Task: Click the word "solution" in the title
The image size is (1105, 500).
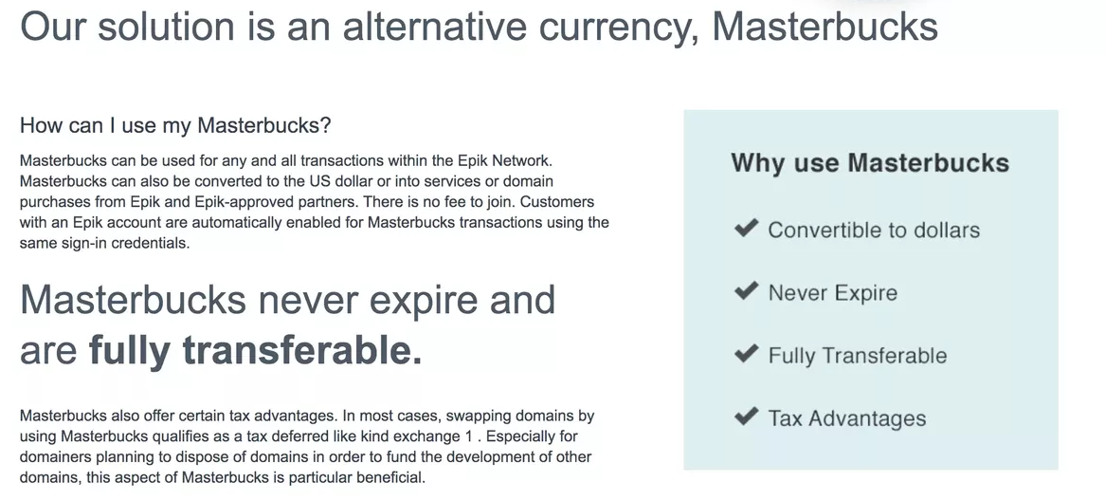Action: click(166, 27)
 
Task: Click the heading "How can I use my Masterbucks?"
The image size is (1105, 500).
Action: click(175, 125)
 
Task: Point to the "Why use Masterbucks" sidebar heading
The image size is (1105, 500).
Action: click(870, 163)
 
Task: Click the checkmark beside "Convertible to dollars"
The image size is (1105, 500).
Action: click(746, 228)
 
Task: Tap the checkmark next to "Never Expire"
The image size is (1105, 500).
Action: click(746, 289)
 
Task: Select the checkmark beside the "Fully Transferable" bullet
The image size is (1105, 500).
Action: click(746, 353)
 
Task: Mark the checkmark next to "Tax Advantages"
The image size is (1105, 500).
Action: click(746, 416)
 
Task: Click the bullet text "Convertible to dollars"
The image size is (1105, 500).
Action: click(874, 230)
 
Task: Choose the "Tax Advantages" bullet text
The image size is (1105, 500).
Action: click(847, 419)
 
